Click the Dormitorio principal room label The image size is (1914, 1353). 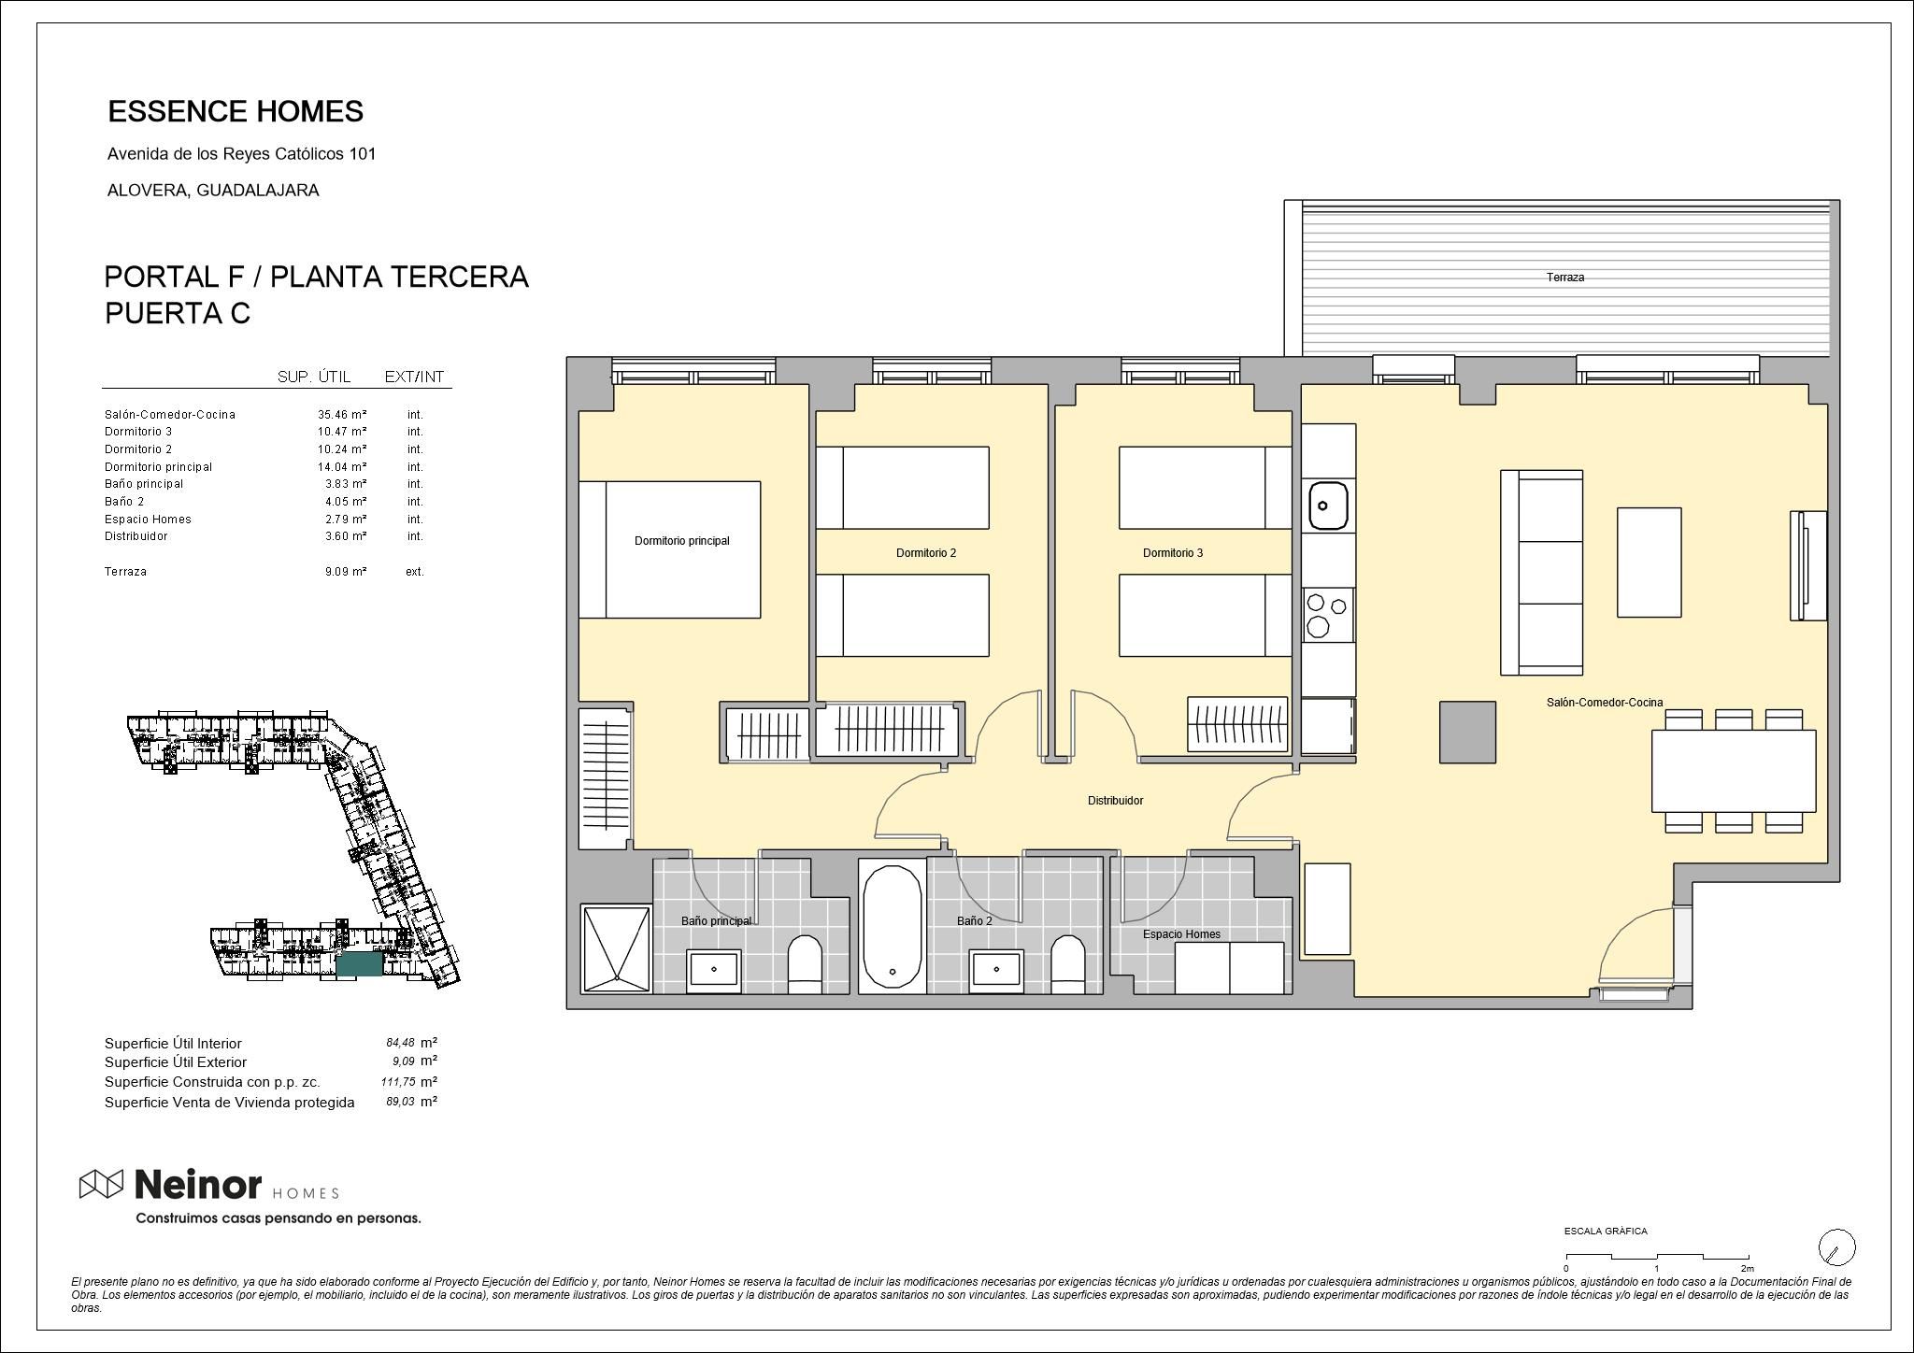(x=681, y=541)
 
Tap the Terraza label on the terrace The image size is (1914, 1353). (x=1564, y=278)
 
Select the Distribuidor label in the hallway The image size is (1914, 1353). (x=1115, y=801)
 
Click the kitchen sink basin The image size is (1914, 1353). (x=1328, y=506)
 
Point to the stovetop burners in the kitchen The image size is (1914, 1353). (x=1328, y=614)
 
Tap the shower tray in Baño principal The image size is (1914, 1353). (x=616, y=948)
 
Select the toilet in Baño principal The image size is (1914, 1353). (x=805, y=965)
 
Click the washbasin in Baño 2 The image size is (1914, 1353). (x=996, y=971)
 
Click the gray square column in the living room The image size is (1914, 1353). (x=1467, y=732)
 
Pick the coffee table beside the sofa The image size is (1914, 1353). (x=1649, y=563)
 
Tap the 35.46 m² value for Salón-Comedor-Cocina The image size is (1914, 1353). (x=341, y=415)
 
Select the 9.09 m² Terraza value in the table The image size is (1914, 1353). (x=345, y=572)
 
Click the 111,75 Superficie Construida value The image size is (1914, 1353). (x=398, y=1082)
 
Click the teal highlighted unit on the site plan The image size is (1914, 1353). (x=360, y=965)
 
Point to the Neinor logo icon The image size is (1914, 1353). (x=101, y=1184)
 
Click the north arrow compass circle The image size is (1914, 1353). (x=1836, y=1247)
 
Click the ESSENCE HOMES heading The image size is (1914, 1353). (x=236, y=112)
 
